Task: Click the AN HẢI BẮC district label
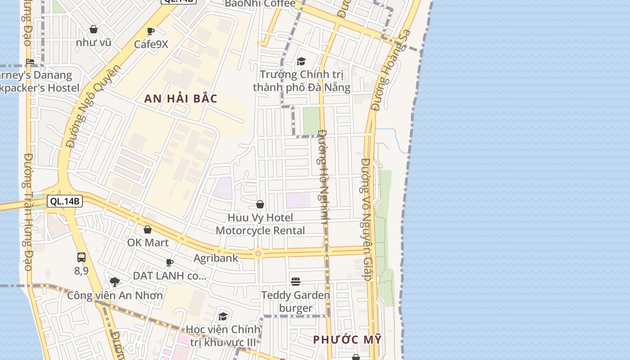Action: coord(181,99)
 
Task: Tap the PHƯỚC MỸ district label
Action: coord(347,339)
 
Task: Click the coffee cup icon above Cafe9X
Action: coord(151,31)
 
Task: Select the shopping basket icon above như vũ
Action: coord(94,29)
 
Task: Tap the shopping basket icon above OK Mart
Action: coord(148,229)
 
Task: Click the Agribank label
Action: coord(216,258)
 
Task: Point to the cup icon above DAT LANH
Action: coord(170,262)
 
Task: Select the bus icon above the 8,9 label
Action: coord(81,257)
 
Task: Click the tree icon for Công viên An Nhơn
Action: coord(115,282)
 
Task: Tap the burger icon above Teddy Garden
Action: coord(296,282)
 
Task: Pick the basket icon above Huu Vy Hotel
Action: coord(260,204)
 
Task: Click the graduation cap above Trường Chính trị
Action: coord(301,61)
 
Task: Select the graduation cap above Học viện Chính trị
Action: coord(223,316)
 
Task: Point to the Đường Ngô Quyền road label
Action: coord(94,107)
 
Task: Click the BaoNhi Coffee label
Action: coord(260,4)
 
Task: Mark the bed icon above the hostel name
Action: coord(30,62)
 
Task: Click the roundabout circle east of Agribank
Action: coord(258,254)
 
